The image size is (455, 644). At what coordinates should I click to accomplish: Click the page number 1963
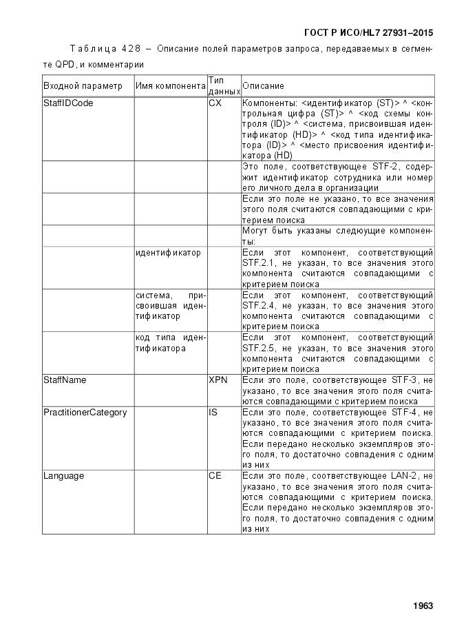[x=423, y=606]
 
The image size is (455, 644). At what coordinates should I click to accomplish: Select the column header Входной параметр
[x=83, y=86]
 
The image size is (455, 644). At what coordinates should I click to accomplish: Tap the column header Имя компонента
[x=170, y=86]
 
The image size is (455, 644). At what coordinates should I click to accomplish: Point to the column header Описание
[x=264, y=86]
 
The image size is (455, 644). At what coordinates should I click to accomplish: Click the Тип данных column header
[x=224, y=85]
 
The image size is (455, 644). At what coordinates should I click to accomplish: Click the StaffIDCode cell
[x=68, y=103]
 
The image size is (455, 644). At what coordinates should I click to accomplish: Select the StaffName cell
[x=65, y=380]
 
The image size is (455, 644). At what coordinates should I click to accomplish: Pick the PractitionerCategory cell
[x=85, y=413]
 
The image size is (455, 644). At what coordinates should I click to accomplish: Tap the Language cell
[x=64, y=476]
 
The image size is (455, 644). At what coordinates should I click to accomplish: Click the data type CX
[x=215, y=103]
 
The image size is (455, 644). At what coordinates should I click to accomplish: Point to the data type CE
[x=215, y=476]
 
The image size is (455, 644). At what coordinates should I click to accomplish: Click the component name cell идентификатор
[x=169, y=253]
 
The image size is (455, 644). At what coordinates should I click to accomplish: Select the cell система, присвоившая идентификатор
[x=170, y=305]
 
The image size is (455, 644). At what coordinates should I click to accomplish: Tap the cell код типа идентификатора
[x=170, y=343]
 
